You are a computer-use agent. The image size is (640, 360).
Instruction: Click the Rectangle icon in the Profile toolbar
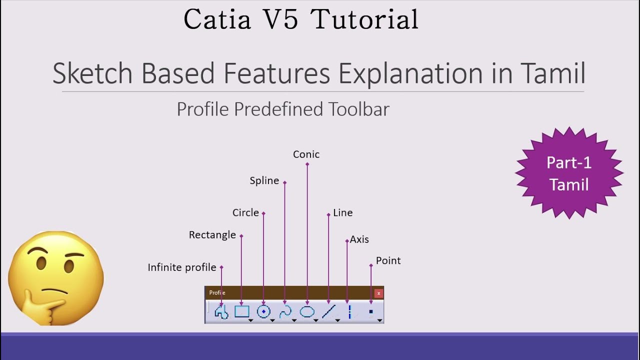[x=242, y=312]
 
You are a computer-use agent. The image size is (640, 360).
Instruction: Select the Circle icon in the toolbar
[x=263, y=312]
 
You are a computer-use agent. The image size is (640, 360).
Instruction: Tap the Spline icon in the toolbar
[x=285, y=312]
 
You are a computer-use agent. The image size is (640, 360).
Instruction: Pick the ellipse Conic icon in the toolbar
[x=307, y=312]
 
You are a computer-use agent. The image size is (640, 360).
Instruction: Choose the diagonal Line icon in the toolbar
[x=328, y=312]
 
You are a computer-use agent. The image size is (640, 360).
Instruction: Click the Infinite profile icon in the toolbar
[x=221, y=312]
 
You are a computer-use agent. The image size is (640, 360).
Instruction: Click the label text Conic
[x=306, y=154]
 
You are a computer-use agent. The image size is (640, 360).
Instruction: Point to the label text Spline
[x=264, y=181]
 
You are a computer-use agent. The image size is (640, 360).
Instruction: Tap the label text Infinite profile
[x=182, y=267]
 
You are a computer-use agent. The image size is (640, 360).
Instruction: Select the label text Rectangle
[x=212, y=235]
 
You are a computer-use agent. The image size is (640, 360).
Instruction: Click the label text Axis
[x=359, y=239]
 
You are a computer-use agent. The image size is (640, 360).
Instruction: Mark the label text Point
[x=388, y=260]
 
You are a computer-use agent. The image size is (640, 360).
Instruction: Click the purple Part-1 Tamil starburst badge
[x=569, y=173]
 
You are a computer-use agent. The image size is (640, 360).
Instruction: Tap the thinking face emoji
[x=55, y=278]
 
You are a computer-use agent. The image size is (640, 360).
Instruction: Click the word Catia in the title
[x=216, y=20]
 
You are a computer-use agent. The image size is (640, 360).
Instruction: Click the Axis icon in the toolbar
[x=350, y=312]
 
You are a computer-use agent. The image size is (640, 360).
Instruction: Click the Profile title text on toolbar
[x=217, y=293]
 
